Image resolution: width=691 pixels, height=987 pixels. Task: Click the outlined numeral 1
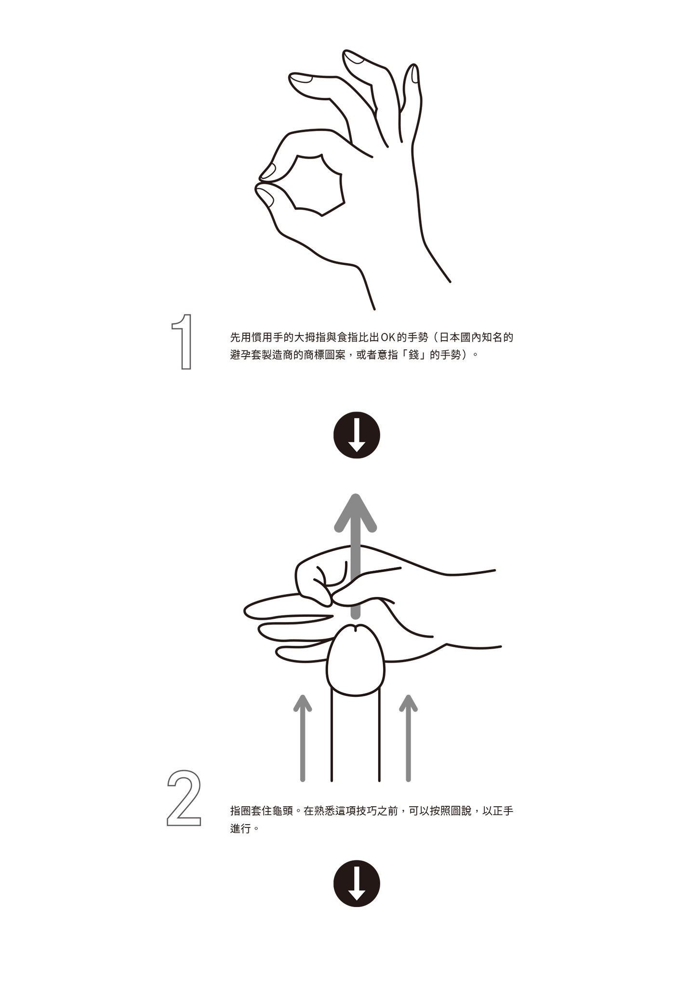tap(184, 342)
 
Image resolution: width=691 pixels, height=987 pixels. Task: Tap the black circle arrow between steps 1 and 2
tap(357, 435)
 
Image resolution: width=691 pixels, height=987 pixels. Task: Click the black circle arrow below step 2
tap(357, 883)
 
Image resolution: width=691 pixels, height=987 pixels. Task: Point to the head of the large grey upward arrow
tap(356, 513)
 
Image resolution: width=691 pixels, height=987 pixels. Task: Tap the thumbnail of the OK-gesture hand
tap(265, 196)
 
